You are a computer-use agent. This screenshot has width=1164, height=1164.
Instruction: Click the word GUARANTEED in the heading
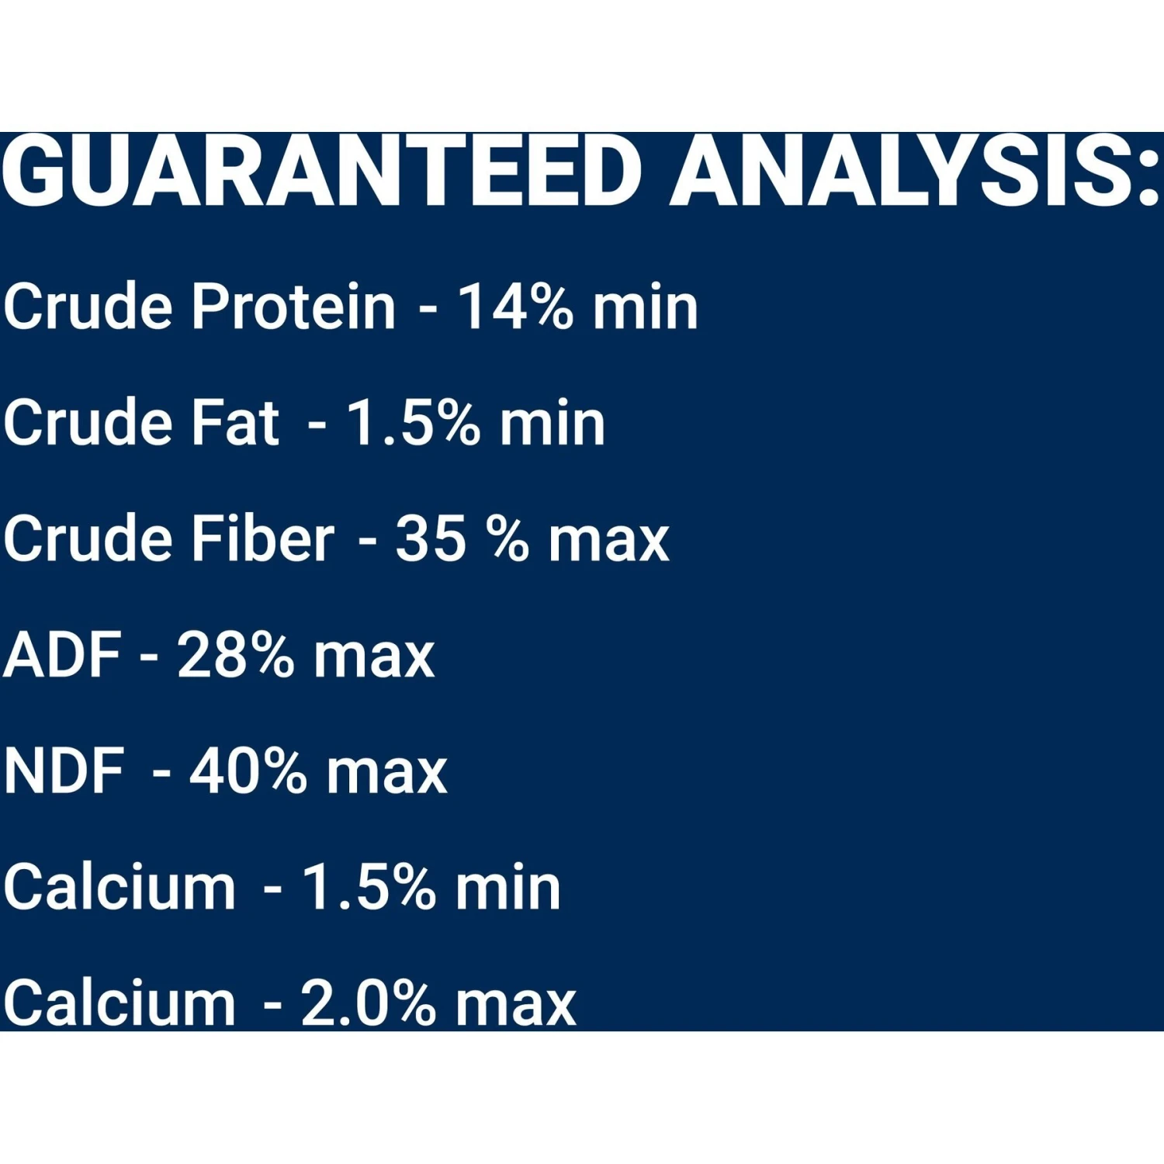(x=321, y=171)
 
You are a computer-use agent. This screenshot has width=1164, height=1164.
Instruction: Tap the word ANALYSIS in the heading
(x=901, y=171)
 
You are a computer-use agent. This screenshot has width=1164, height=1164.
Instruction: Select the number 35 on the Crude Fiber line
(x=431, y=539)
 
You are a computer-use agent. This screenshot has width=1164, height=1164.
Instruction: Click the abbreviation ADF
(x=62, y=655)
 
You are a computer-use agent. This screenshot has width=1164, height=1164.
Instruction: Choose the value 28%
(x=235, y=655)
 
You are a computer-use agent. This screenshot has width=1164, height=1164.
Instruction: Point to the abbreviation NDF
(x=64, y=771)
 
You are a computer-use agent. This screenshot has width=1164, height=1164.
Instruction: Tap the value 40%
(x=248, y=771)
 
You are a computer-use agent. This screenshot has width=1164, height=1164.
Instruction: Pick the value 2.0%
(x=368, y=1003)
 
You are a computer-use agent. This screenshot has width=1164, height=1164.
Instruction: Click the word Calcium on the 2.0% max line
(x=119, y=1003)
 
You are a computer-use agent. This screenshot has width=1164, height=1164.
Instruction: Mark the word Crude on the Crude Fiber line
(x=87, y=539)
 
